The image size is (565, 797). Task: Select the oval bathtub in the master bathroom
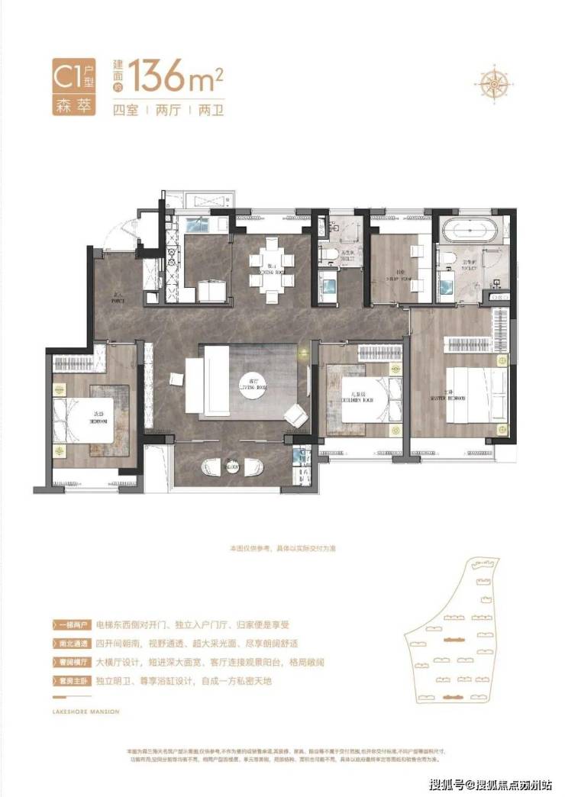click(470, 231)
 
